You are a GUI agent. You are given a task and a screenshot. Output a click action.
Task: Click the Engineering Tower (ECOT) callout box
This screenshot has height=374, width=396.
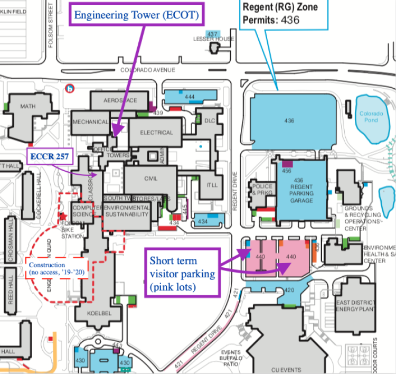click(x=137, y=15)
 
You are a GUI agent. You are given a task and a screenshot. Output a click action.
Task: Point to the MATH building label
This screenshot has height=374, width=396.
click(x=28, y=106)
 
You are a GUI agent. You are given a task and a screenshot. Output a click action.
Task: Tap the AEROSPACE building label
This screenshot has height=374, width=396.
click(x=120, y=100)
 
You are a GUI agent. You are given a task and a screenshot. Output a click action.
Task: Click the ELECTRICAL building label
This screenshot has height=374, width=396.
click(x=156, y=133)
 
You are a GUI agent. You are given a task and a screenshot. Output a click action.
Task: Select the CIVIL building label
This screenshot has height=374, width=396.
click(x=151, y=179)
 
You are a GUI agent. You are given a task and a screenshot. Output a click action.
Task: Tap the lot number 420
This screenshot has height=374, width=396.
click(x=289, y=291)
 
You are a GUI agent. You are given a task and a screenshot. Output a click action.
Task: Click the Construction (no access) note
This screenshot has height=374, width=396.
click(x=48, y=268)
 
